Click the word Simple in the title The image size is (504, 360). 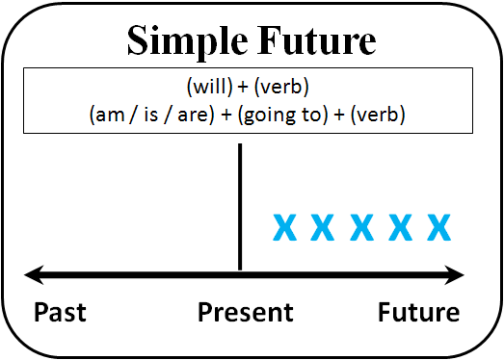coord(186,42)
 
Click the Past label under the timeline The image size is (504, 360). coord(60,313)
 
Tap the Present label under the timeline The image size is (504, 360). coord(245,313)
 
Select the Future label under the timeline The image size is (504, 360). coord(419,313)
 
